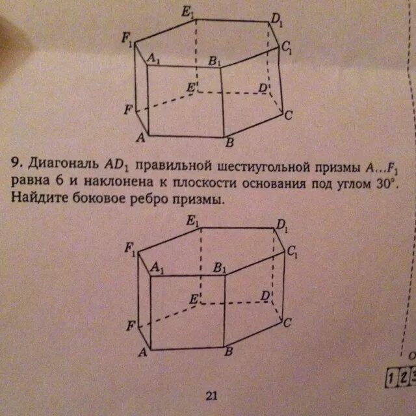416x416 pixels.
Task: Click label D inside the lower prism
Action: [265, 295]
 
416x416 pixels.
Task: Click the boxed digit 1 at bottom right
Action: [391, 377]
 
